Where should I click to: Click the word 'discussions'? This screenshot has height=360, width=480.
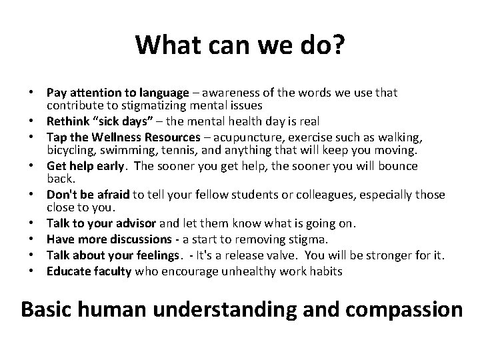point(143,239)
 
